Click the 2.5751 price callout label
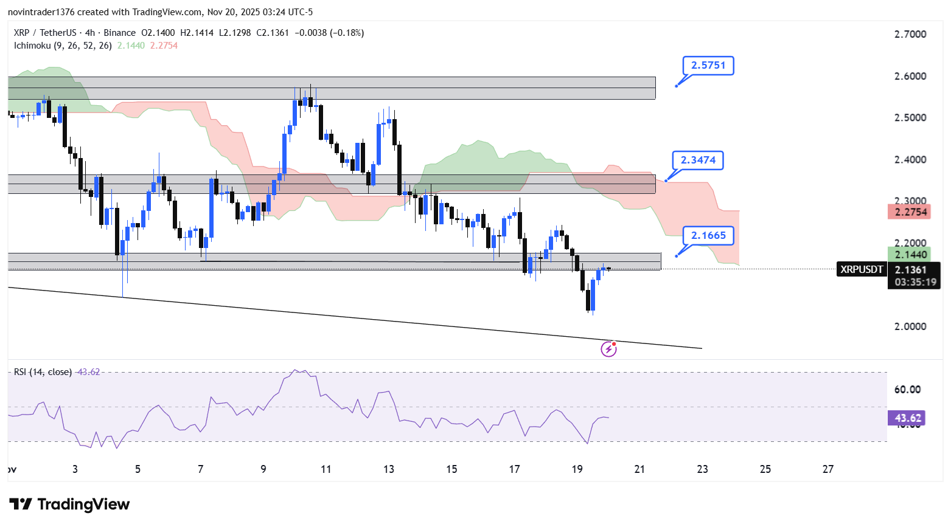708,66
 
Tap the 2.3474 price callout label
698,160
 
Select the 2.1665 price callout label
708,236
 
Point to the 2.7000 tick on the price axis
910,34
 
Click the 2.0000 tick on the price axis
910,326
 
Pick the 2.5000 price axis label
910,118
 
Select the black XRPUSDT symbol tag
862,269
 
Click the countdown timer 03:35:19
915,282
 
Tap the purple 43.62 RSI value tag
907,418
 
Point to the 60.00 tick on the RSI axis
907,390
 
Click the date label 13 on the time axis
389,469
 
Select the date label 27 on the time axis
828,469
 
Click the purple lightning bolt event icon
608,349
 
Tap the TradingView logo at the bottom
69,505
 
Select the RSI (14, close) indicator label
43,372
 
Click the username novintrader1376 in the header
41,12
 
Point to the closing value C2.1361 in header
273,33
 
